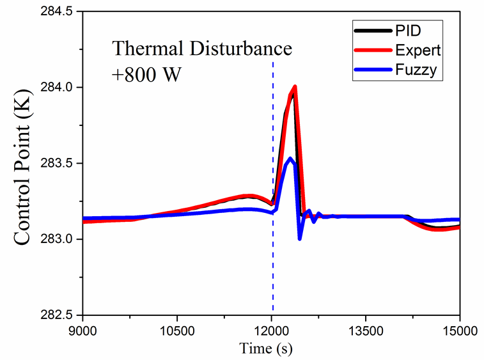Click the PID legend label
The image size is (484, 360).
tap(407, 29)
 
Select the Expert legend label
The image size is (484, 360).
tap(416, 49)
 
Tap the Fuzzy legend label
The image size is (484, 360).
tap(414, 69)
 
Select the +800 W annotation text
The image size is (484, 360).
tap(147, 73)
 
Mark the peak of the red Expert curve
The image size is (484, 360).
tap(295, 86)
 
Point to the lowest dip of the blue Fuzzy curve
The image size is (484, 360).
tap(300, 239)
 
